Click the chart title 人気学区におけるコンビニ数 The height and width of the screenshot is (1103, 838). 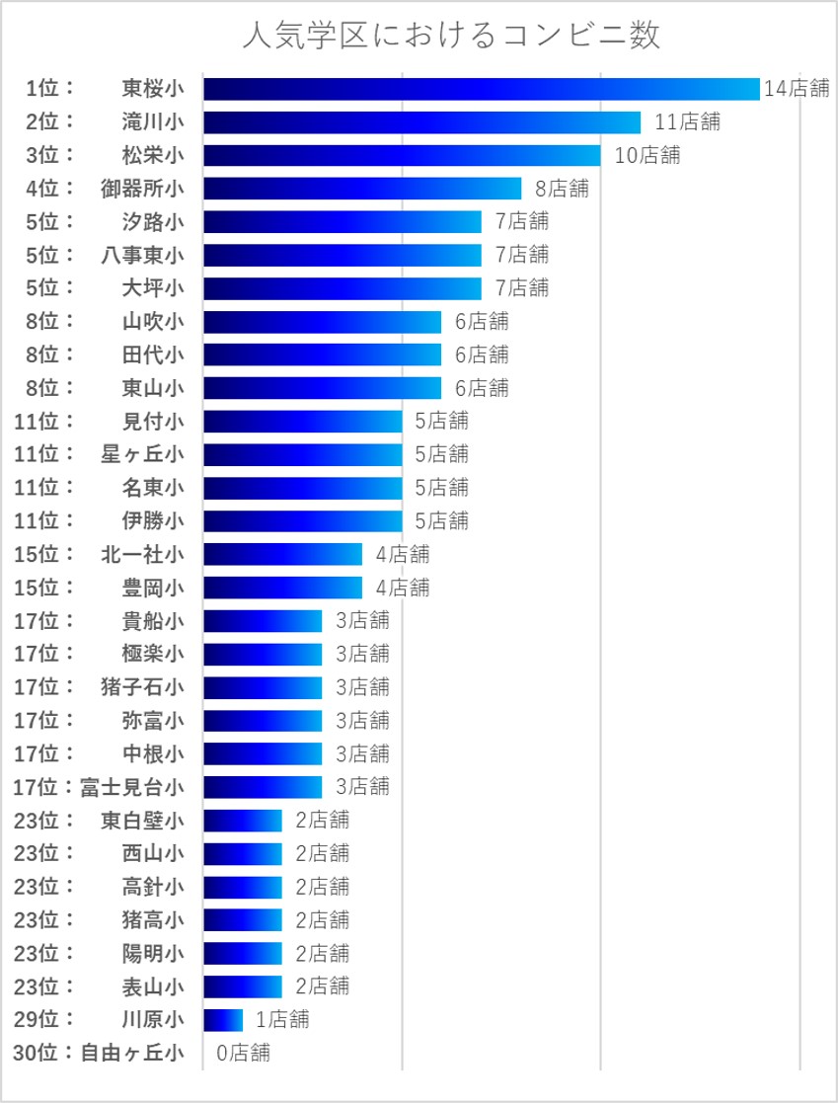(451, 36)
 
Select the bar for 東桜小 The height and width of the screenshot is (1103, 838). (481, 89)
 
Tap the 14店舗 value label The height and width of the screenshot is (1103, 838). (797, 89)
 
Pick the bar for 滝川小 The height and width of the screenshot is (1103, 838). (421, 122)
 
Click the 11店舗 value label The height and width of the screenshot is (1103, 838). (687, 122)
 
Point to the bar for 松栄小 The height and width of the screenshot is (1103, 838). (402, 155)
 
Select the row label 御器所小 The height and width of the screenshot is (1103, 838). (142, 189)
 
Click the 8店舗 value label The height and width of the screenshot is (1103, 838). (562, 189)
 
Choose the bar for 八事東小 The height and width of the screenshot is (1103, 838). (342, 255)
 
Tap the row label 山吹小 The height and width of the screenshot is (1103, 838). (152, 321)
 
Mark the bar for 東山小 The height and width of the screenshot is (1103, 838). (322, 388)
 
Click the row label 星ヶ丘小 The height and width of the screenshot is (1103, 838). (142, 454)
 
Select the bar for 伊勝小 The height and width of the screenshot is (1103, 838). (302, 520)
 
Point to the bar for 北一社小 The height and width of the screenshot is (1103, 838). (282, 554)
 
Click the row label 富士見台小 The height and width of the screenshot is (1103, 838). (132, 787)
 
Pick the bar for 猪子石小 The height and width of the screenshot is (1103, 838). (263, 686)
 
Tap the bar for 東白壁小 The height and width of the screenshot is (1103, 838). (243, 820)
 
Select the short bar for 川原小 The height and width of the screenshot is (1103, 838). (223, 1019)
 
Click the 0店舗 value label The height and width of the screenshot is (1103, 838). (243, 1053)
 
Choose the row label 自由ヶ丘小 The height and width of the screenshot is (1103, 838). (132, 1053)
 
